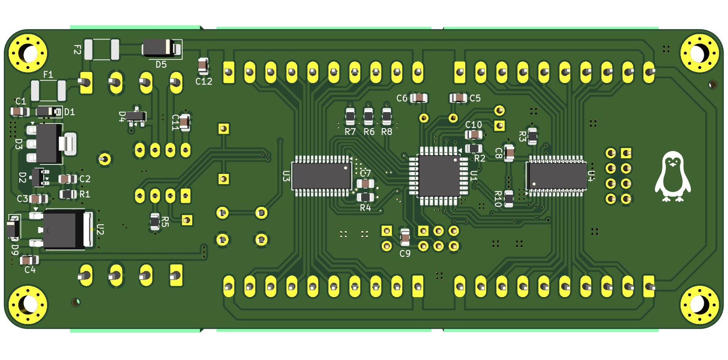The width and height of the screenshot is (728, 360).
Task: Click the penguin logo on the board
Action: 673,176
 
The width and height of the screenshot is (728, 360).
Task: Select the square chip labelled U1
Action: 439,176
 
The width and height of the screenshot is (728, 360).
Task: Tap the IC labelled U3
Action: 322,176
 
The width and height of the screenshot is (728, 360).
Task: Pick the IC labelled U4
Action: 556,176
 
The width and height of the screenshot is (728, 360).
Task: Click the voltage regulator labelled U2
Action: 63,229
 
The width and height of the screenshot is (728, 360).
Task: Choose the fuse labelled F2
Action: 102,49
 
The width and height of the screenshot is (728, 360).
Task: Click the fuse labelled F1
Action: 48,90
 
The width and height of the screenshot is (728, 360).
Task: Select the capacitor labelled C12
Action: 203,66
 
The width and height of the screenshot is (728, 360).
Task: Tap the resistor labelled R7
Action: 350,116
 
